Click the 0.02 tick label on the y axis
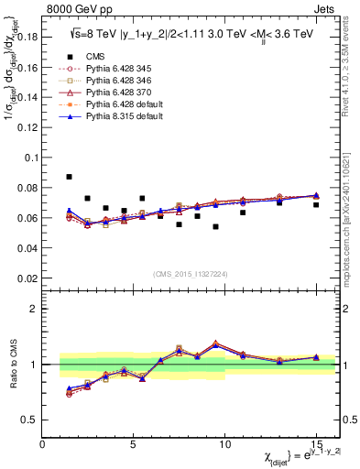pyautogui.click(x=29, y=278)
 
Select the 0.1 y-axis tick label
pyautogui.click(x=33, y=158)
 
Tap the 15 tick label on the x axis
pyautogui.click(x=316, y=445)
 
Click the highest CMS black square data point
pyautogui.click(x=70, y=177)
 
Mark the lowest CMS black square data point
pyautogui.click(x=215, y=226)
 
